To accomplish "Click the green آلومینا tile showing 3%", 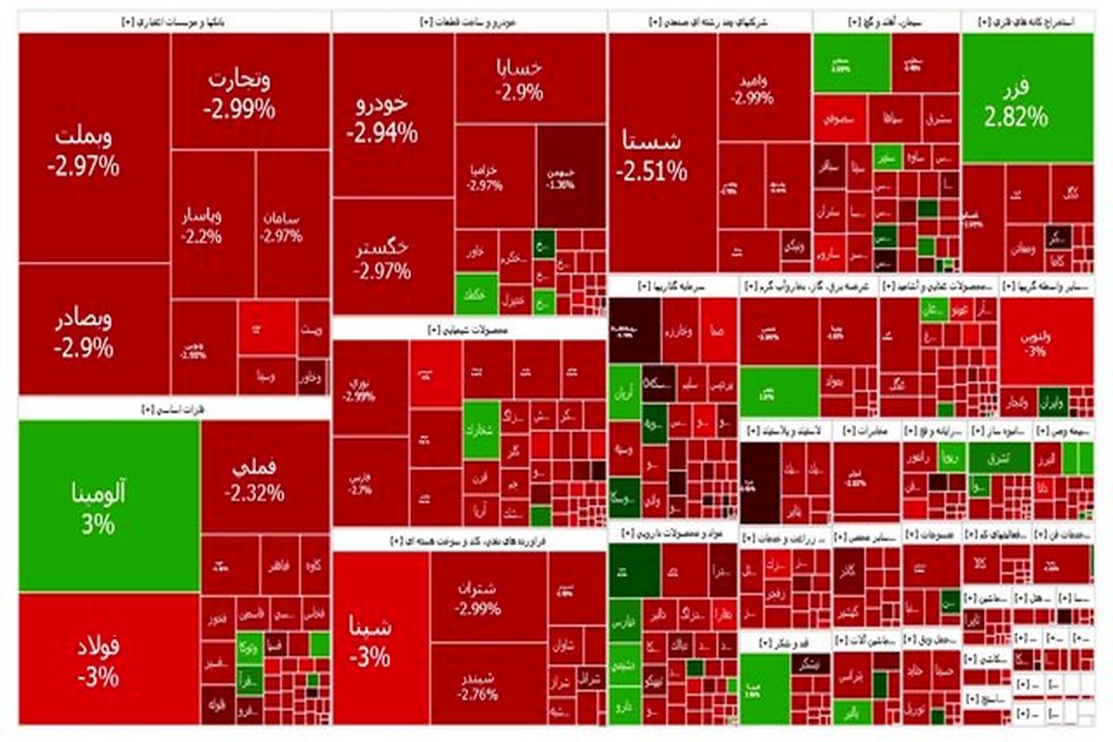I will (x=109, y=505).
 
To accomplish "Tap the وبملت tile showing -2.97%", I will (x=93, y=150).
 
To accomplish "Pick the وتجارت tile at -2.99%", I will (x=239, y=93).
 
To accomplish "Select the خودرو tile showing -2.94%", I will (x=382, y=116).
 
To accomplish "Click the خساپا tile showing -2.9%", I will (x=524, y=79).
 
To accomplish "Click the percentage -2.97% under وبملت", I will (x=85, y=167).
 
